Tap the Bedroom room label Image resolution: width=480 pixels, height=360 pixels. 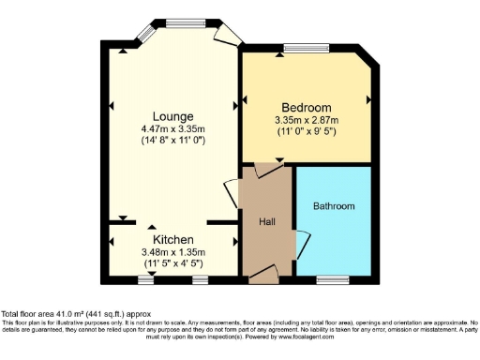coord(306,107)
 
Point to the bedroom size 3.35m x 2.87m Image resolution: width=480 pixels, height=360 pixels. coord(306,119)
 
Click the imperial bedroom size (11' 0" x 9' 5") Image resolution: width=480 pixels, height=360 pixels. coord(306,131)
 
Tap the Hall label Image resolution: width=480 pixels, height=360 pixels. coord(266,221)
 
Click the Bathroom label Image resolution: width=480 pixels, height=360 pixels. coord(334,205)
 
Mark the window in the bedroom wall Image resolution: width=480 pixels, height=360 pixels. coord(307,47)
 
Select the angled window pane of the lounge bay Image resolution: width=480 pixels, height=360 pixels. coord(146,33)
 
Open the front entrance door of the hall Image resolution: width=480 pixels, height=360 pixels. coord(264,274)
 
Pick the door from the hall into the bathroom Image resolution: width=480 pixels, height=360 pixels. coord(301,243)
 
